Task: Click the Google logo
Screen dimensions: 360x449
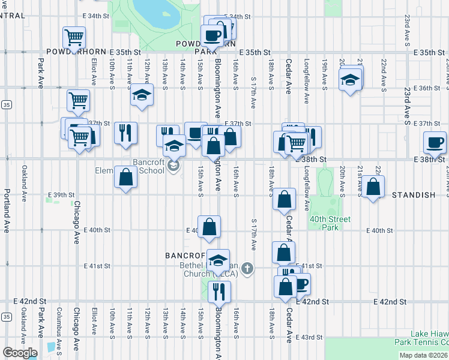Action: click(x=20, y=353)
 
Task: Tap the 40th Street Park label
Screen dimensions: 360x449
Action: click(x=330, y=223)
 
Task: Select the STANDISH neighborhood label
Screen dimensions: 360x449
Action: click(x=413, y=196)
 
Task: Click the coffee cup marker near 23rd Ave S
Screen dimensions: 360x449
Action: click(x=435, y=142)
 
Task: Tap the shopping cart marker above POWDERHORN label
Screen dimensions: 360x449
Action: click(x=75, y=38)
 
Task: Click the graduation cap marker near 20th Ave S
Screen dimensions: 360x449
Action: click(x=350, y=79)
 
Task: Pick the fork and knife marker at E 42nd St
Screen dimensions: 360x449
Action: click(x=219, y=291)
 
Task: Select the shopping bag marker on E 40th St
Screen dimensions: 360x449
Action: click(x=209, y=226)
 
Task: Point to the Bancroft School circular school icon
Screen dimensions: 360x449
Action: click(x=174, y=166)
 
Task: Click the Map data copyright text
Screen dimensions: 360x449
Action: click(x=423, y=355)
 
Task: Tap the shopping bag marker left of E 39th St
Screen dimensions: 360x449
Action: click(x=125, y=177)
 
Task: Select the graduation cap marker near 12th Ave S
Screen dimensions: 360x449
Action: click(x=142, y=95)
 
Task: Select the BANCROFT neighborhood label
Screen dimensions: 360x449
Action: click(x=185, y=256)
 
